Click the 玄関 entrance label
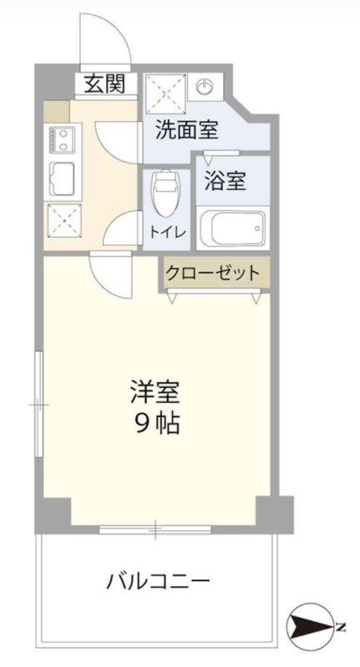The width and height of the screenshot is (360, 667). pos(104,84)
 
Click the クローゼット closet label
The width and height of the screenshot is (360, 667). pos(212,272)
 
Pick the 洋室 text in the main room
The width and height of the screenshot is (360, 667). pos(156,390)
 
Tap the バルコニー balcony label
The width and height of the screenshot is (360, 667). pos(157,580)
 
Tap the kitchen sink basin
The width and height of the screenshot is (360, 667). pos(62,177)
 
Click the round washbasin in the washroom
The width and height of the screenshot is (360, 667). pos(205,86)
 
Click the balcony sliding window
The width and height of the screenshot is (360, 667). pos(155,529)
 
